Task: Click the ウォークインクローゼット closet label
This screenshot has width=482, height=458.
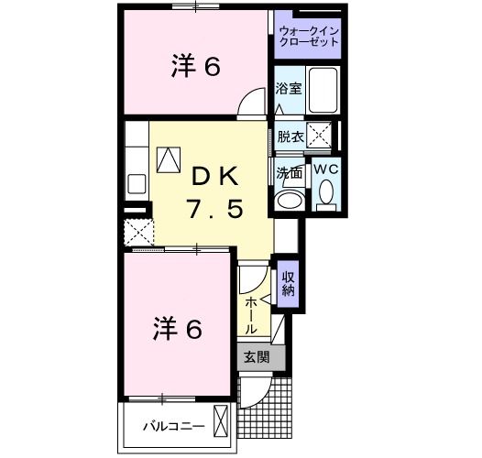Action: [308, 37]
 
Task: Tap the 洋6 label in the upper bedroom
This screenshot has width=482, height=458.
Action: [196, 67]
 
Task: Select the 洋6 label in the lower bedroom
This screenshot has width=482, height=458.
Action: [176, 328]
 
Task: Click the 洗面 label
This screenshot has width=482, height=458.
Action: [289, 170]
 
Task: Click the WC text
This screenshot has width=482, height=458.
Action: [326, 169]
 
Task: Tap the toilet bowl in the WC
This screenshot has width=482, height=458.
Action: [326, 192]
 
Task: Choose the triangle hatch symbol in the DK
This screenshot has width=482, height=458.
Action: [170, 159]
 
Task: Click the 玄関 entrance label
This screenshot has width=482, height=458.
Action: [256, 358]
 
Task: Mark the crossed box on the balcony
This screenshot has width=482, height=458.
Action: [221, 423]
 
